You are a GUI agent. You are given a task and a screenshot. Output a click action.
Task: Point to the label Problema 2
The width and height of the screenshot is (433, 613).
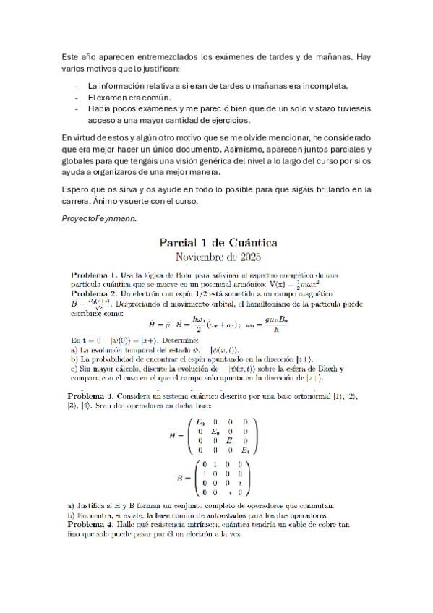91,293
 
